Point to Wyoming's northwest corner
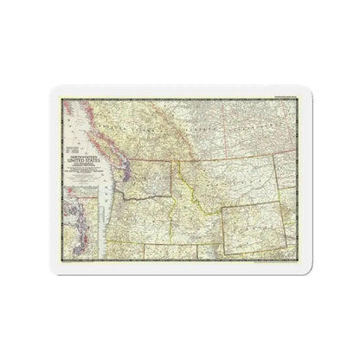(x=222, y=209)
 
